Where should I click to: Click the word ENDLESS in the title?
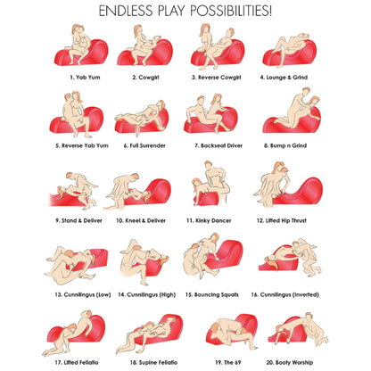[x=127, y=11]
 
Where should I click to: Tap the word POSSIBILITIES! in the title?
[x=231, y=11]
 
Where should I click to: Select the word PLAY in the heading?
[x=171, y=11]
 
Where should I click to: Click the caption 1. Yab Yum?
[x=85, y=78]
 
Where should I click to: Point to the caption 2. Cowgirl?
[x=145, y=78]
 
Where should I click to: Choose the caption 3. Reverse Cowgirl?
[x=216, y=78]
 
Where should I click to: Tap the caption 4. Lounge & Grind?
[x=284, y=78]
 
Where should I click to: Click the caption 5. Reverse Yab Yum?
[x=82, y=145]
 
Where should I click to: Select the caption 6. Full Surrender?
[x=144, y=145]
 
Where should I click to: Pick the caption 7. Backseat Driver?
[x=218, y=145]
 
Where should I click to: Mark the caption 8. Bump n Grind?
[x=285, y=145]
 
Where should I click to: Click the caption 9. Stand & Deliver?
[x=78, y=220]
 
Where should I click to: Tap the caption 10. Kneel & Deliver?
[x=141, y=220]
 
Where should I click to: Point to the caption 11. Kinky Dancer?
[x=209, y=220]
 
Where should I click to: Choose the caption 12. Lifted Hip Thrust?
[x=281, y=220]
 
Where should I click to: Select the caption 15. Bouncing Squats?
[x=212, y=295]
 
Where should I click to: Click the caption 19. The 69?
[x=228, y=362]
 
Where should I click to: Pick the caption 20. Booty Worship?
[x=289, y=363]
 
